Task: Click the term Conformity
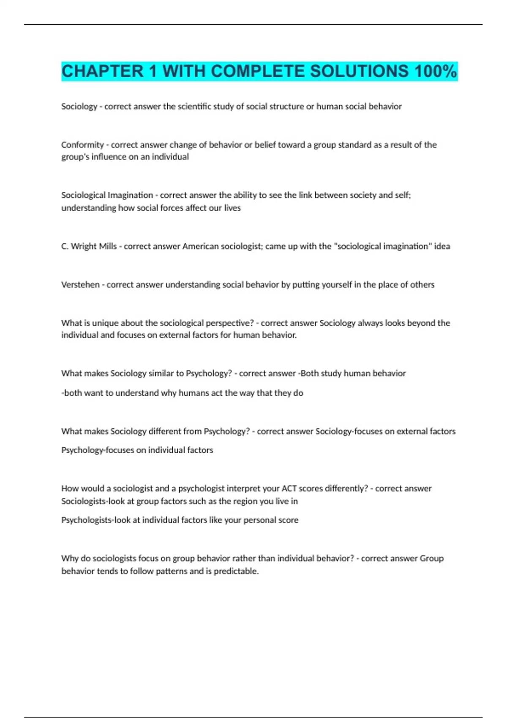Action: [x=82, y=145]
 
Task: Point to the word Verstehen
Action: [x=80, y=285]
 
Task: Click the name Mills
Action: [x=108, y=246]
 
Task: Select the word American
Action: [x=200, y=246]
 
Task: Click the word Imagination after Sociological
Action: [x=130, y=195]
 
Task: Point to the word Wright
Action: [x=84, y=246]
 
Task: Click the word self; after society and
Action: [x=404, y=195]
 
